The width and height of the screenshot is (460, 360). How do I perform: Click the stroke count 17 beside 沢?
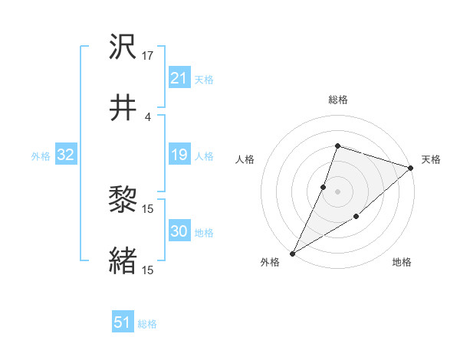148,56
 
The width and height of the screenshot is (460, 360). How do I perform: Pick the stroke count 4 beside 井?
148,116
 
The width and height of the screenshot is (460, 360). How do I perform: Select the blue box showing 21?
179,78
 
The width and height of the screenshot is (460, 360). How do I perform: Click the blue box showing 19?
179,155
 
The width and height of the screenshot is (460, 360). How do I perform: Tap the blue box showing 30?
179,231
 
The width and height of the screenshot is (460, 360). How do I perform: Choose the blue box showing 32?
65,155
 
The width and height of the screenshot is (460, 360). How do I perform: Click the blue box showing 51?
123,322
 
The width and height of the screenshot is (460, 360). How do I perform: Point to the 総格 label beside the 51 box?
147,324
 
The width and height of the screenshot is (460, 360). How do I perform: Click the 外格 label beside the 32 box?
41,156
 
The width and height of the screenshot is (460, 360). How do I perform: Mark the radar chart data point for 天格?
411,169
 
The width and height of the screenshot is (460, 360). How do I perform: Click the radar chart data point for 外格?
292,254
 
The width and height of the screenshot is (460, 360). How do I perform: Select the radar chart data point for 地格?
356,218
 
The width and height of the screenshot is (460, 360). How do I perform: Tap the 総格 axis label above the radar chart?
337,100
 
